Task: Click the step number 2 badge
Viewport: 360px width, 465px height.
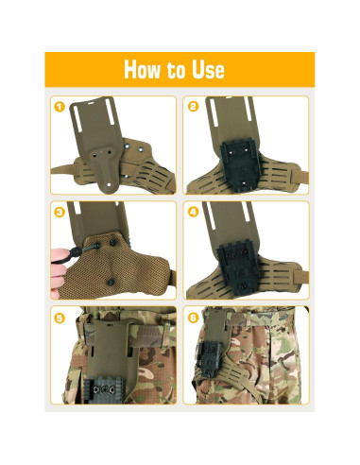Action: pyautogui.click(x=193, y=107)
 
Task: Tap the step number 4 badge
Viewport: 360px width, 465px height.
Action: pyautogui.click(x=193, y=212)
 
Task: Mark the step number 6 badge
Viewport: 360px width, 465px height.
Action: pyautogui.click(x=193, y=318)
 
